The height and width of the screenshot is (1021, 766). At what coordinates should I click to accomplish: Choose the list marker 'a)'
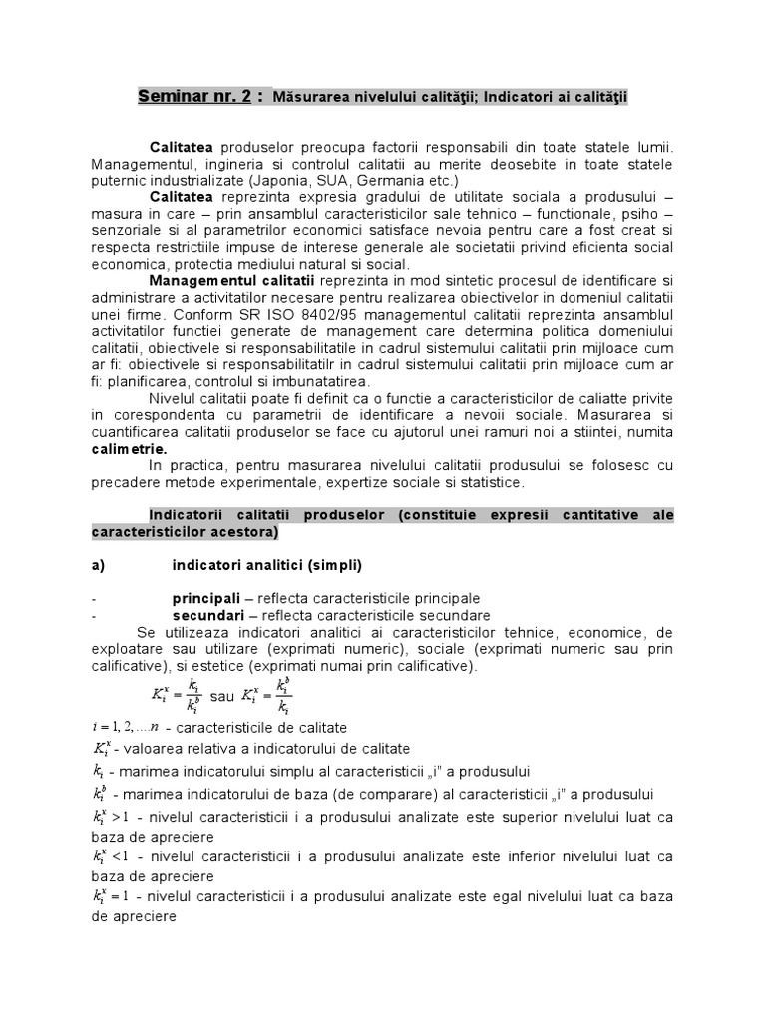pyautogui.click(x=98, y=565)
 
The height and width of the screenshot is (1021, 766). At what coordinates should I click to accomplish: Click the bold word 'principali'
pyautogui.click(x=205, y=598)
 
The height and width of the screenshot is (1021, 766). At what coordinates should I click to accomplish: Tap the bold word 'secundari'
pyautogui.click(x=207, y=615)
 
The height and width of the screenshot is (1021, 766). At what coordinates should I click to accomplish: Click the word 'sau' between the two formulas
pyautogui.click(x=222, y=695)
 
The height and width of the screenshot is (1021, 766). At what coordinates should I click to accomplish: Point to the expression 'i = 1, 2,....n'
pyautogui.click(x=125, y=727)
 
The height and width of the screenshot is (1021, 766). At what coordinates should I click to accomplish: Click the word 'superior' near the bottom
pyautogui.click(x=525, y=816)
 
